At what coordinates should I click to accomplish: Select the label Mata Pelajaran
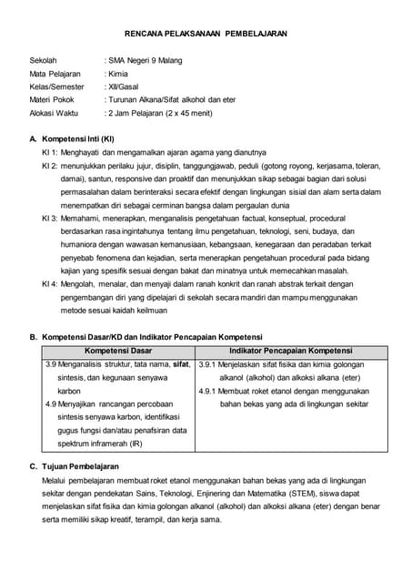click(55, 74)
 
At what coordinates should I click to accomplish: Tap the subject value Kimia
click(117, 74)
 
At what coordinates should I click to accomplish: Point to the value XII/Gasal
click(123, 87)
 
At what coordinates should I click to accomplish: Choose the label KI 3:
click(50, 220)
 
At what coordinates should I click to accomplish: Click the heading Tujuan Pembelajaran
click(81, 466)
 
